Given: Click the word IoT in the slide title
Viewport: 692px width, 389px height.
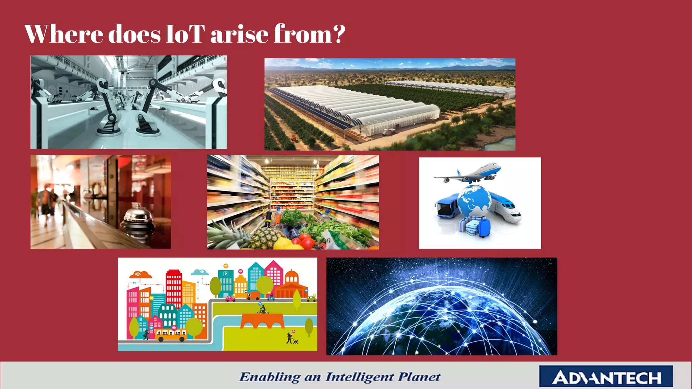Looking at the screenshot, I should pos(186,34).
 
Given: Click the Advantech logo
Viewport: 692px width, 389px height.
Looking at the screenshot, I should pos(606,377).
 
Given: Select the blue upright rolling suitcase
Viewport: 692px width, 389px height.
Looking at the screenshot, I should pos(485,227).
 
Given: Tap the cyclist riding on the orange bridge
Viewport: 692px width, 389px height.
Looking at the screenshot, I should pos(262,310).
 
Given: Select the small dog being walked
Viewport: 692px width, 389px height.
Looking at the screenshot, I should pos(296,342).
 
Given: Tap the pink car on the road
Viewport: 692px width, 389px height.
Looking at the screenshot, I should pos(230,299).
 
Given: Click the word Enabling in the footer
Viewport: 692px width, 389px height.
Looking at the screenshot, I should pos(270,377).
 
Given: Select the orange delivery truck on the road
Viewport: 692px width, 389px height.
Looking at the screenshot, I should pos(253,296).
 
